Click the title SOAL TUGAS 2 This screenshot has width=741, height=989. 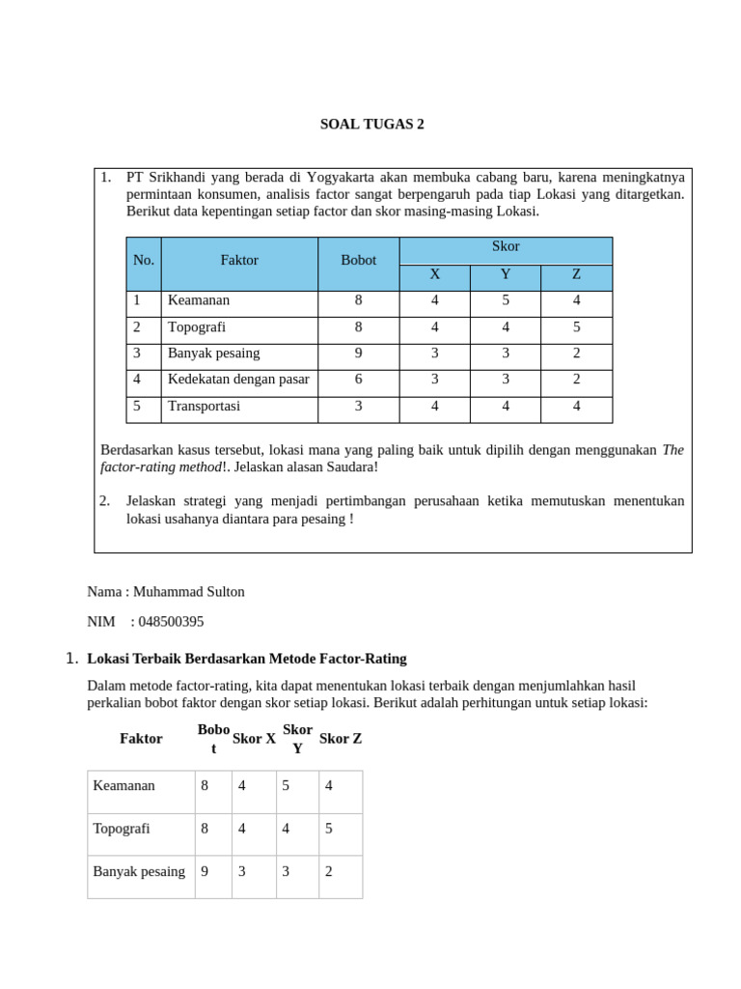coord(371,125)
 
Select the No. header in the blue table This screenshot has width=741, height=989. coord(144,261)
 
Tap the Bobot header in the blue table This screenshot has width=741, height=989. coord(358,261)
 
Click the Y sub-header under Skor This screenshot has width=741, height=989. coord(506,275)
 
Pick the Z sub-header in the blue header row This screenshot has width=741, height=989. coord(576,275)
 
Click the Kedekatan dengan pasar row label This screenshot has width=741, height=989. coord(238,380)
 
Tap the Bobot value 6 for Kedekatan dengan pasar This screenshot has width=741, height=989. coord(358,380)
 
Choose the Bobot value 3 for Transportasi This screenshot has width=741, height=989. coord(358,407)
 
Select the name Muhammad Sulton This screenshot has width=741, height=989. coord(188,592)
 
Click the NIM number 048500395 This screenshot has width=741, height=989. coord(171,622)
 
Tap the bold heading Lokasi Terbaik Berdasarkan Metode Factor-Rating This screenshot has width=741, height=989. coord(247,659)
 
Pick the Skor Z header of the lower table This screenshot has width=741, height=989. coord(341,739)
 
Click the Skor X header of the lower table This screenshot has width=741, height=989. coord(254,739)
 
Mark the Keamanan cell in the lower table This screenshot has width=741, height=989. coord(123,786)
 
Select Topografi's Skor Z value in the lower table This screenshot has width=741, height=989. coord(329,829)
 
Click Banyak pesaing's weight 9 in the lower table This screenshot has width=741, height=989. coord(205,871)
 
